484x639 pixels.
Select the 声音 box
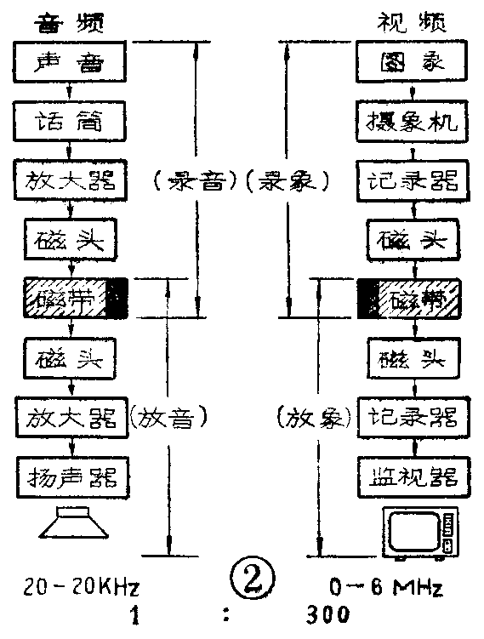pyautogui.click(x=71, y=62)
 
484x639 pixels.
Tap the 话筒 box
pyautogui.click(x=71, y=122)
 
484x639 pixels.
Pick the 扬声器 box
pyautogui.click(x=71, y=476)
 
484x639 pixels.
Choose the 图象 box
pyautogui.click(x=413, y=62)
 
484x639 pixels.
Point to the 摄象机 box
pyautogui.click(x=413, y=122)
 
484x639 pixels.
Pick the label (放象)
pyautogui.click(x=314, y=417)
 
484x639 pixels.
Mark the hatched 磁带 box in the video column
pyautogui.click(x=413, y=299)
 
